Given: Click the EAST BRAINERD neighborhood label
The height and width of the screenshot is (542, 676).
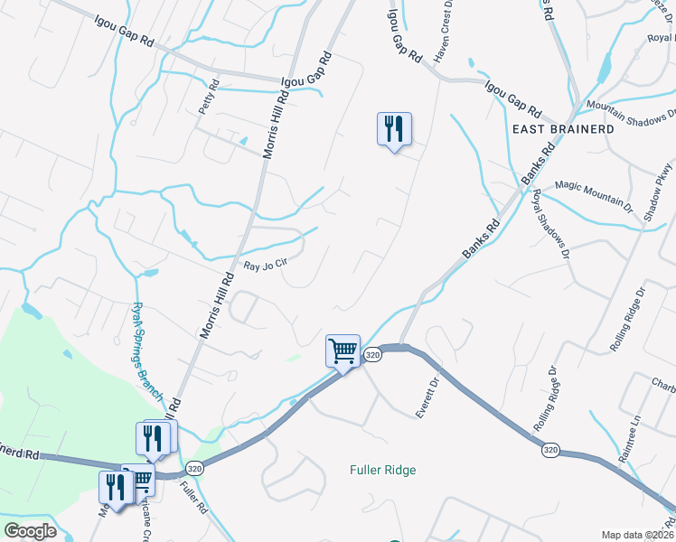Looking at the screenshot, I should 563,129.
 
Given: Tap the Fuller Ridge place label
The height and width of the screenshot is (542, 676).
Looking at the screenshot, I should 383,470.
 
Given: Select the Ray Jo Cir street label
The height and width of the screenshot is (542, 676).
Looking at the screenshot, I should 266,266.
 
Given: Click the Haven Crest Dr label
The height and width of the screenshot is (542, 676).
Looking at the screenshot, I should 443,37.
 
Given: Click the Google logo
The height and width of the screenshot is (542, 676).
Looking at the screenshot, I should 30,531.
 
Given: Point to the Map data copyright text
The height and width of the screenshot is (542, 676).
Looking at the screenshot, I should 637,535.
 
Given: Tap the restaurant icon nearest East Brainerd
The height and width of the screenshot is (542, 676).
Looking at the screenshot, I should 394,129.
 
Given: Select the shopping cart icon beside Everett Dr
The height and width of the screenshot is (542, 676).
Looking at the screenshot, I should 343,350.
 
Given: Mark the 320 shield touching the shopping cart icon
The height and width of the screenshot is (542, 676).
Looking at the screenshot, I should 372,356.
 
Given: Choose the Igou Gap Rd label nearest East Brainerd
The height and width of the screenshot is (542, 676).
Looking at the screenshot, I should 512,100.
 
